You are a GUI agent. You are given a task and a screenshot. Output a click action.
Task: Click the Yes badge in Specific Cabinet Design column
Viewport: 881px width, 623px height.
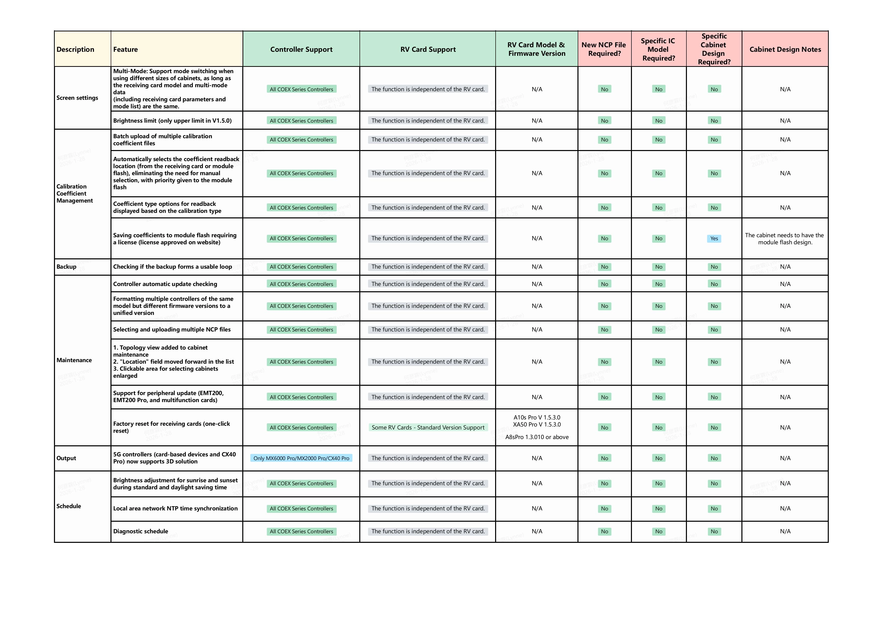pyautogui.click(x=714, y=238)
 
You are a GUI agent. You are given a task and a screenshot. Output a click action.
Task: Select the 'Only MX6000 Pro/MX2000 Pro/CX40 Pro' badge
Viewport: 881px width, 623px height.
pyautogui.click(x=301, y=458)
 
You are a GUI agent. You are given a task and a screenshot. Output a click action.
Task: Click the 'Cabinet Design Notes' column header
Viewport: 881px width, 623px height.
pyautogui.click(x=785, y=49)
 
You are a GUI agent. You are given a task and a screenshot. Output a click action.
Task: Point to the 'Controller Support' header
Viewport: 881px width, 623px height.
pyautogui.click(x=301, y=49)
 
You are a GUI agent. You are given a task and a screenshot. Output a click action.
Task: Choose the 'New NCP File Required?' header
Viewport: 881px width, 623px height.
pyautogui.click(x=604, y=49)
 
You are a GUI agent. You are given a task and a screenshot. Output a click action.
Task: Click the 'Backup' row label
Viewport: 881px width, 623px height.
pyautogui.click(x=66, y=267)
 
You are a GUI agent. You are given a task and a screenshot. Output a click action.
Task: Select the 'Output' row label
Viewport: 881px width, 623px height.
pyautogui.click(x=66, y=458)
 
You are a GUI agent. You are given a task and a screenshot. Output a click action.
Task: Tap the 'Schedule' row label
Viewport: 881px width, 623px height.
pyautogui.click(x=69, y=506)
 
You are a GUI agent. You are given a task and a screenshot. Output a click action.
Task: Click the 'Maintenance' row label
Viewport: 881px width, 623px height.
pyautogui.click(x=74, y=360)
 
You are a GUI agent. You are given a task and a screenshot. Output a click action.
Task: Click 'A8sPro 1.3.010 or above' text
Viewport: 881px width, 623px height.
pyautogui.click(x=537, y=437)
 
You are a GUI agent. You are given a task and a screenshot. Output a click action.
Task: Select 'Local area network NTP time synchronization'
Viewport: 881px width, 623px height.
pyautogui.click(x=175, y=509)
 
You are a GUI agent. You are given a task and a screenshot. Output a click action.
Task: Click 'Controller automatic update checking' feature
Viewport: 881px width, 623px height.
pyautogui.click(x=165, y=284)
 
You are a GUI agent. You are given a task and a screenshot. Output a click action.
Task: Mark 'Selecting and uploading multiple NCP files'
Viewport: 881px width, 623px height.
pyautogui.click(x=172, y=329)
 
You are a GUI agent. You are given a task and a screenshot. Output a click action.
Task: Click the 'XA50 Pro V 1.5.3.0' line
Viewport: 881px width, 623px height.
pyautogui.click(x=537, y=424)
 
